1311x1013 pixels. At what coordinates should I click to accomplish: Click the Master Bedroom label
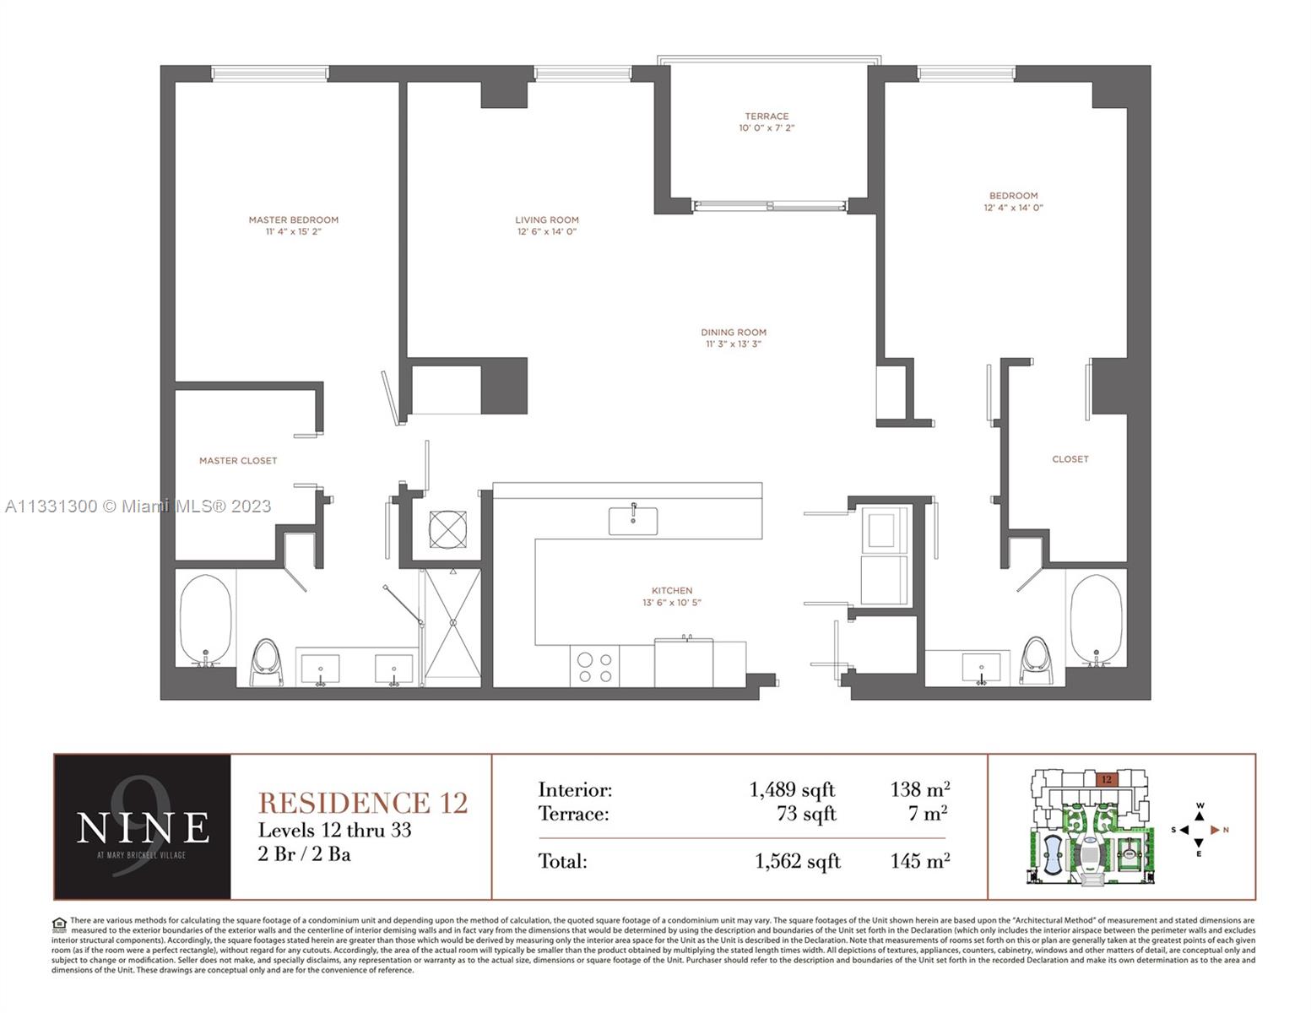293,219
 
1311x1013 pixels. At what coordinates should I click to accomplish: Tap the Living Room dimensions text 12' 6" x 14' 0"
547,231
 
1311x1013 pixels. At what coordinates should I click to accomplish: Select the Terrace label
767,116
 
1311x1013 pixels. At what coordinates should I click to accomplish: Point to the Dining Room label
733,332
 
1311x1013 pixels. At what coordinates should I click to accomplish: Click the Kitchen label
672,591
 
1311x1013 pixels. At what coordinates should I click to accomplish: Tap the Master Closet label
238,461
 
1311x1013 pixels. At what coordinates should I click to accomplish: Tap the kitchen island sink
633,520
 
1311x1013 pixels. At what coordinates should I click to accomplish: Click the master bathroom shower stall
452,625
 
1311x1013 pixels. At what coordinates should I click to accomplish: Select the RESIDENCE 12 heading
362,802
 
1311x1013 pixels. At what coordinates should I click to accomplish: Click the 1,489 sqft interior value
791,790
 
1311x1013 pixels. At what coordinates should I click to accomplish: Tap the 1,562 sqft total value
797,861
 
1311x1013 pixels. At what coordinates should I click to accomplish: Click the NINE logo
142,826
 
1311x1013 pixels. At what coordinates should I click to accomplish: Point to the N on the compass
1226,830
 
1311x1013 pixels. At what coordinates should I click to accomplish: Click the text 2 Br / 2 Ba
304,854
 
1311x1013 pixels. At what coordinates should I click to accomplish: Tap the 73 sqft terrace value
805,814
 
